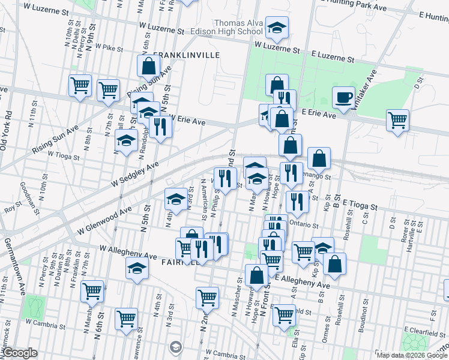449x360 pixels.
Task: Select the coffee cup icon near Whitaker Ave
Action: click(343, 97)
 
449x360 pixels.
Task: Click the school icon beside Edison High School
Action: click(276, 28)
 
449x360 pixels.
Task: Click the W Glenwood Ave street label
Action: click(104, 221)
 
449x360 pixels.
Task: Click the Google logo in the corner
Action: click(19, 353)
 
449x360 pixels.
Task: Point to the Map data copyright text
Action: click(412, 355)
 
